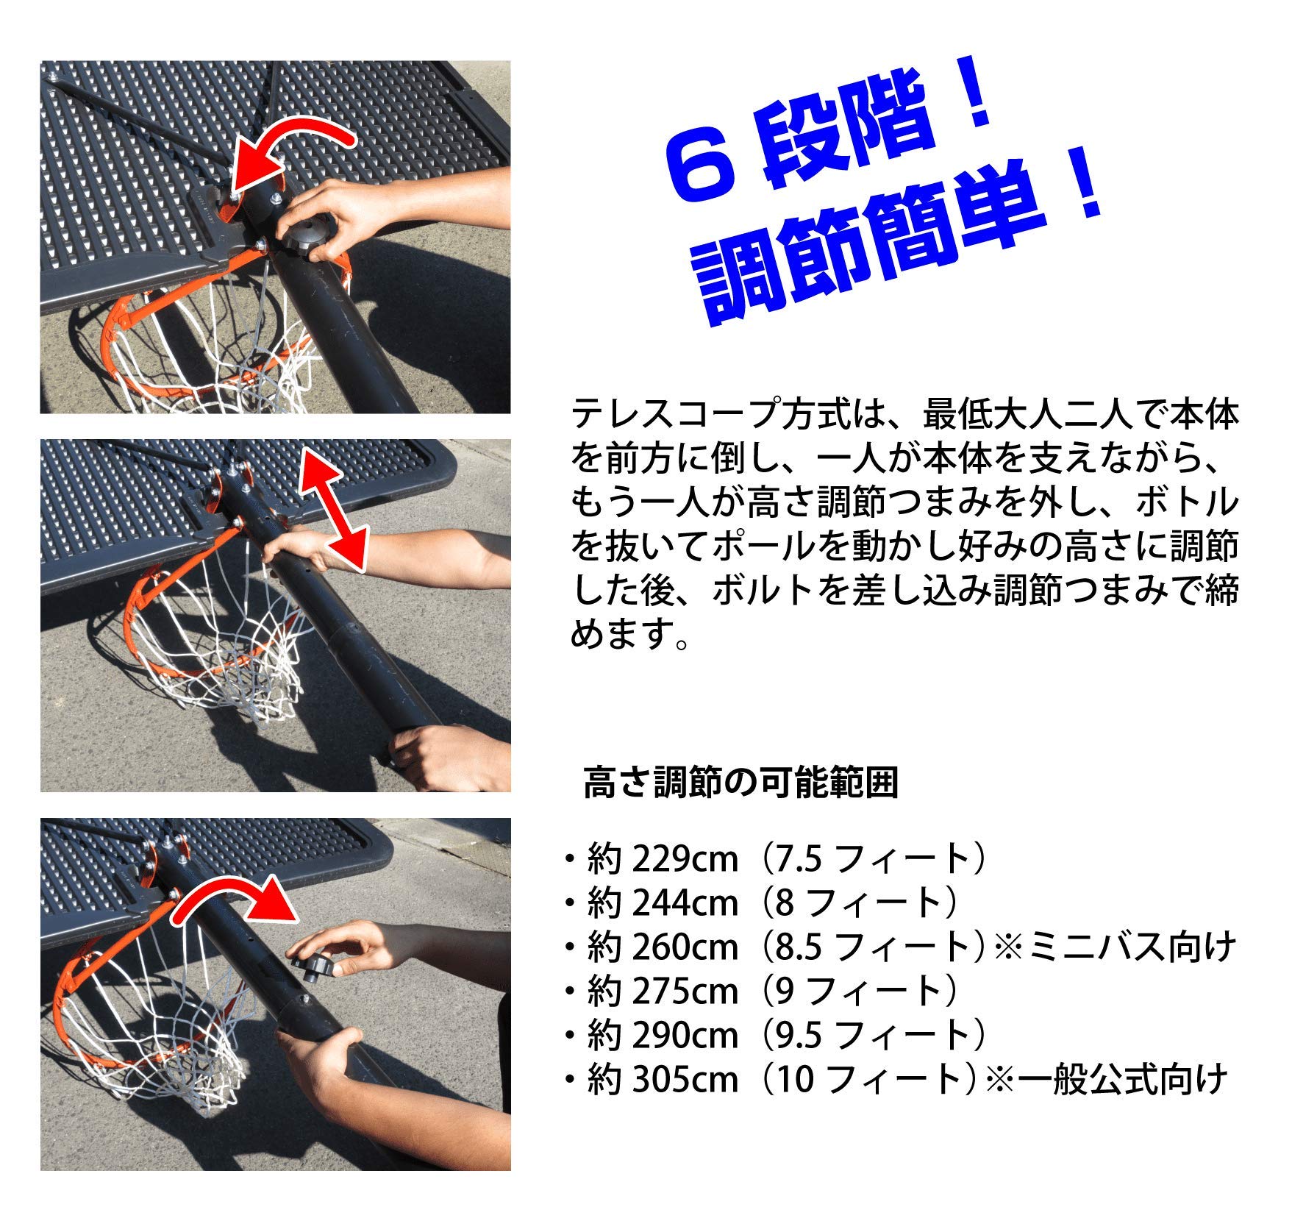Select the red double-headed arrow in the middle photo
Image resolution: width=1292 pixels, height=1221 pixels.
[x=335, y=510]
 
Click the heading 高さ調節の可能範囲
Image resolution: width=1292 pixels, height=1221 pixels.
[x=740, y=783]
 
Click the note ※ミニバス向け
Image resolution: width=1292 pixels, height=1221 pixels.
[x=1113, y=947]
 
